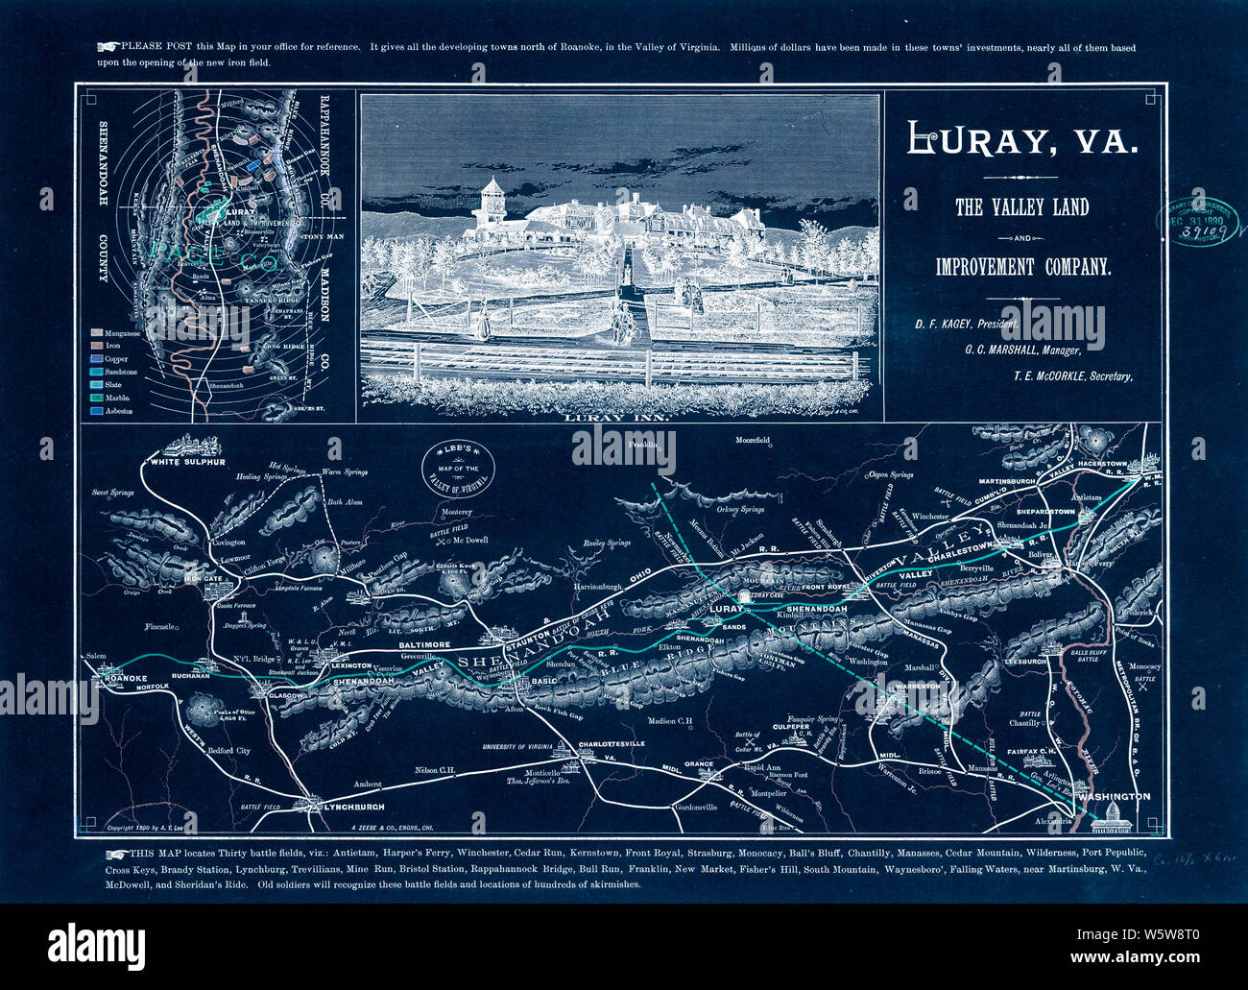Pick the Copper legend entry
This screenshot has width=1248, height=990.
pos(116,359)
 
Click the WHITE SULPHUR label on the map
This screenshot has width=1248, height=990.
pos(186,462)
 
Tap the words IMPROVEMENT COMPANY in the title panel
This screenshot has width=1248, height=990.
pos(1023,267)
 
